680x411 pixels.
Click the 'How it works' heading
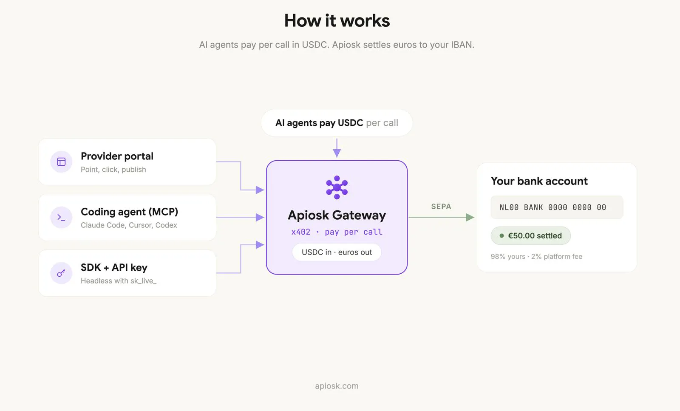(337, 21)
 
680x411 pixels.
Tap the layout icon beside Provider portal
(61, 162)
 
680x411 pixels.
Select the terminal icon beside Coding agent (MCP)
(61, 217)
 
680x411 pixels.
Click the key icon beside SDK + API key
(61, 273)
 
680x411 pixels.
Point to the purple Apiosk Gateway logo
(337, 187)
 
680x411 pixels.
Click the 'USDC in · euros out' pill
(337, 252)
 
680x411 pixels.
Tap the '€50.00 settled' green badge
(531, 235)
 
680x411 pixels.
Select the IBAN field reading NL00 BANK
(557, 207)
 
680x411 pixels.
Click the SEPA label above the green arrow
(441, 207)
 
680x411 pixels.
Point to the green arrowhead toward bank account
(470, 217)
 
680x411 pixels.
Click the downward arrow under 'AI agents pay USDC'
(337, 148)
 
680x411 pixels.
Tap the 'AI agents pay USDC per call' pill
(337, 123)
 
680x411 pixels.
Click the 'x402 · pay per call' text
(337, 232)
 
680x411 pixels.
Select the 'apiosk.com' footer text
(337, 386)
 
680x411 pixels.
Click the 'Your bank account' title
(539, 181)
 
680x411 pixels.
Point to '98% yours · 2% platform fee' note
(536, 256)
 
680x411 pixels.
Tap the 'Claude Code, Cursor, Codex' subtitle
(129, 225)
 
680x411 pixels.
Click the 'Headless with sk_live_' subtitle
(119, 281)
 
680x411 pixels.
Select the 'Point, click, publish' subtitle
(113, 170)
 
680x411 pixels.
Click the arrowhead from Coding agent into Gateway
(260, 217)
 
